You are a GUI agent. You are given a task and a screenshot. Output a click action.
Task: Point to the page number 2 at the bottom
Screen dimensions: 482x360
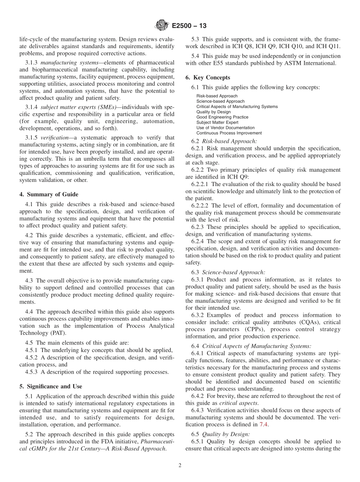[x=180, y=466]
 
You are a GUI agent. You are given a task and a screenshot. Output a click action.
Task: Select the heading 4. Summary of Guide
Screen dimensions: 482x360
[x=49, y=194]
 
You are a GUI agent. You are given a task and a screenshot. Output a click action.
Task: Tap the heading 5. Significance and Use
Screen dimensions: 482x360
[x=50, y=387]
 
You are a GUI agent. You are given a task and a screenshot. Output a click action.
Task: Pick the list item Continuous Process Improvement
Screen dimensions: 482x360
[x=229, y=133]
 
